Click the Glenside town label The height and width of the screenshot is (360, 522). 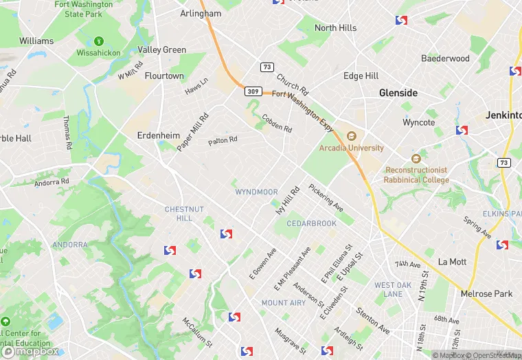(398, 93)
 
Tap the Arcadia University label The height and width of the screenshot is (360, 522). (351, 148)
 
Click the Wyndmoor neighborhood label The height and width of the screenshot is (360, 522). (256, 192)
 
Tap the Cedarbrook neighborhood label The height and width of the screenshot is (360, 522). (311, 223)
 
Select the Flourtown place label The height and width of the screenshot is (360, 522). (164, 76)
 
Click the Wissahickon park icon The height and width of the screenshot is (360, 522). (99, 41)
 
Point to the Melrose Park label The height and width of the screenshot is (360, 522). (486, 293)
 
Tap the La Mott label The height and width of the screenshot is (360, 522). (452, 262)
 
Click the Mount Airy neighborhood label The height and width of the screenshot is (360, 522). (284, 302)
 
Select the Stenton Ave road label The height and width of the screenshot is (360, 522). (372, 321)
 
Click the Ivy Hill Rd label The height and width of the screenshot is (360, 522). (288, 201)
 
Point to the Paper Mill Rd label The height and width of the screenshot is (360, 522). (192, 132)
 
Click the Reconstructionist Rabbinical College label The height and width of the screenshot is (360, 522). (416, 175)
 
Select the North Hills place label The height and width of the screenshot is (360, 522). (335, 28)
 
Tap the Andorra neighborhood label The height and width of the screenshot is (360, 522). (69, 245)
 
